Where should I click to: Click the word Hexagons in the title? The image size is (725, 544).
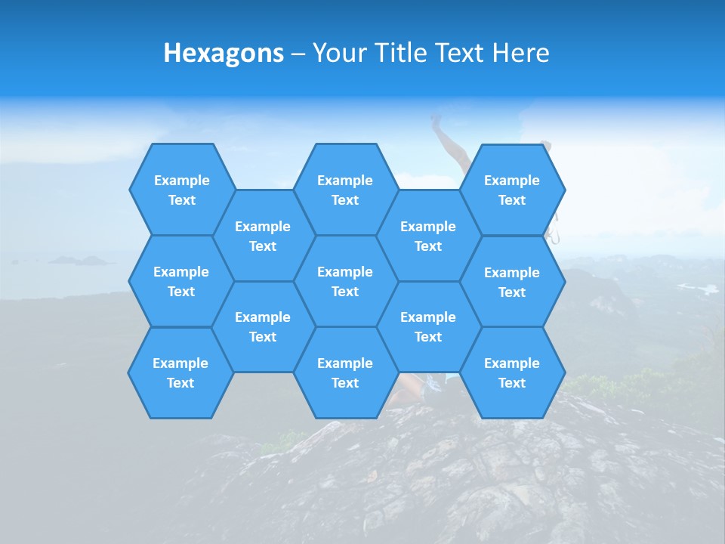224,53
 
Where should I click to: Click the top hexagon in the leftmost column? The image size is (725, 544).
181,190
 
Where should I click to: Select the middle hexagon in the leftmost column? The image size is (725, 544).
181,281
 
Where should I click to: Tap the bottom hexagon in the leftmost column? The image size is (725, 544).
180,372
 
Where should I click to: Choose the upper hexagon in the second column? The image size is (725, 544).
263,236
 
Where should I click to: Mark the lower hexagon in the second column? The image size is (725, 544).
263,326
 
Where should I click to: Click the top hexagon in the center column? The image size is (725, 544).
345,190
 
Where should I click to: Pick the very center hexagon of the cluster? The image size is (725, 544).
345,281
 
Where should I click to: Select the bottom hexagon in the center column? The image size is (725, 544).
345,372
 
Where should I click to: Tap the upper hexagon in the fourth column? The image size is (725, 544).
428,236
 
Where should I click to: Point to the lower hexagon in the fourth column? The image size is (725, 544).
428,326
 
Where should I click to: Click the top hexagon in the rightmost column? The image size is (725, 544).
512,190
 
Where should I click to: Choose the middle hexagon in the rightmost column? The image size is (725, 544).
512,282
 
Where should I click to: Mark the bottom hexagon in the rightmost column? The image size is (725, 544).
512,372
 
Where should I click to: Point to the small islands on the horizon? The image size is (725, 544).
79,261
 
